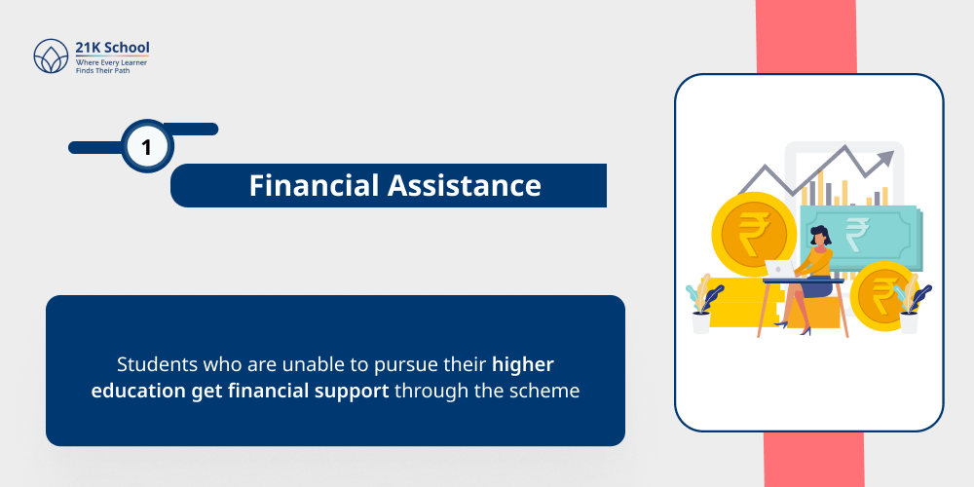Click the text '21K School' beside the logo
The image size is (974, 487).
coord(113,47)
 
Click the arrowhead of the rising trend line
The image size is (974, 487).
coord(885,157)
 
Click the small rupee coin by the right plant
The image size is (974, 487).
coord(881,292)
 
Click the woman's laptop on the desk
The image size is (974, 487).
coord(779,269)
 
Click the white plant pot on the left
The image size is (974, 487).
coord(701,322)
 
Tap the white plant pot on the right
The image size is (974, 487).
coord(908,321)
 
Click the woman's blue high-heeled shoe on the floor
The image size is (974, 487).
coord(805,330)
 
